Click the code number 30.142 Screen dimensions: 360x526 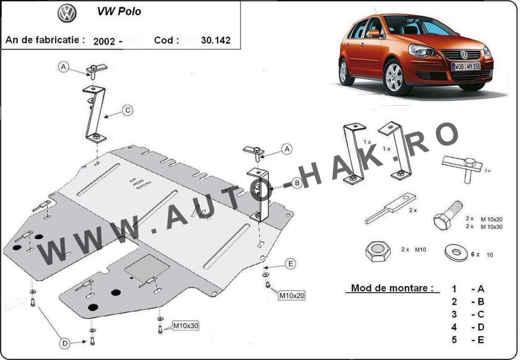coord(216,40)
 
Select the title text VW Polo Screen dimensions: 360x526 coord(119,11)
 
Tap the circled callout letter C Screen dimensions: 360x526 coord(127,110)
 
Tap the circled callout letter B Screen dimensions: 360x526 coord(296,183)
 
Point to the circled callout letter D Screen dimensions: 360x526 coord(64,343)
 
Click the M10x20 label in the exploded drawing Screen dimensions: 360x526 coord(292,296)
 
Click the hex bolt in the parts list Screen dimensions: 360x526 coord(447,215)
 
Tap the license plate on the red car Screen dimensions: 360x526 coord(466,67)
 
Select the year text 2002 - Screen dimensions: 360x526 coord(107,40)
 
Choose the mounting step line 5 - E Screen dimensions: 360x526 coord(468,340)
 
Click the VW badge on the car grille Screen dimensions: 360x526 coord(464,55)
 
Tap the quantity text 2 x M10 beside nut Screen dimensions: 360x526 coord(413,250)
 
